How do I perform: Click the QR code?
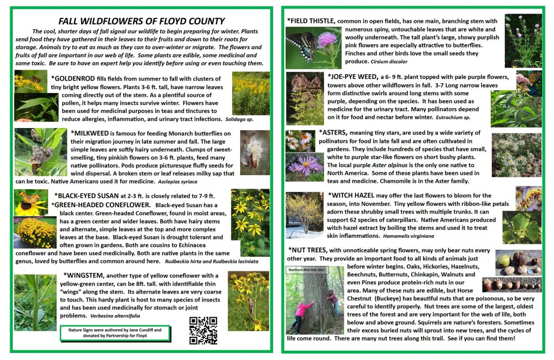tap(201, 330)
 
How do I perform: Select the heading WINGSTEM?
tap(83, 275)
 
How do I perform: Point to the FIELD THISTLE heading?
tap(311, 21)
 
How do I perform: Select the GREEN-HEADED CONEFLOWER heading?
tap(101, 205)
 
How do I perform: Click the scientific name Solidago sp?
tap(239, 118)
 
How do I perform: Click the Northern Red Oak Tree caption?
tap(306, 269)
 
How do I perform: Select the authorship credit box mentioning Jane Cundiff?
tap(114, 332)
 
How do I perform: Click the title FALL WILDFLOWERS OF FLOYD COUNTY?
tap(141, 21)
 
